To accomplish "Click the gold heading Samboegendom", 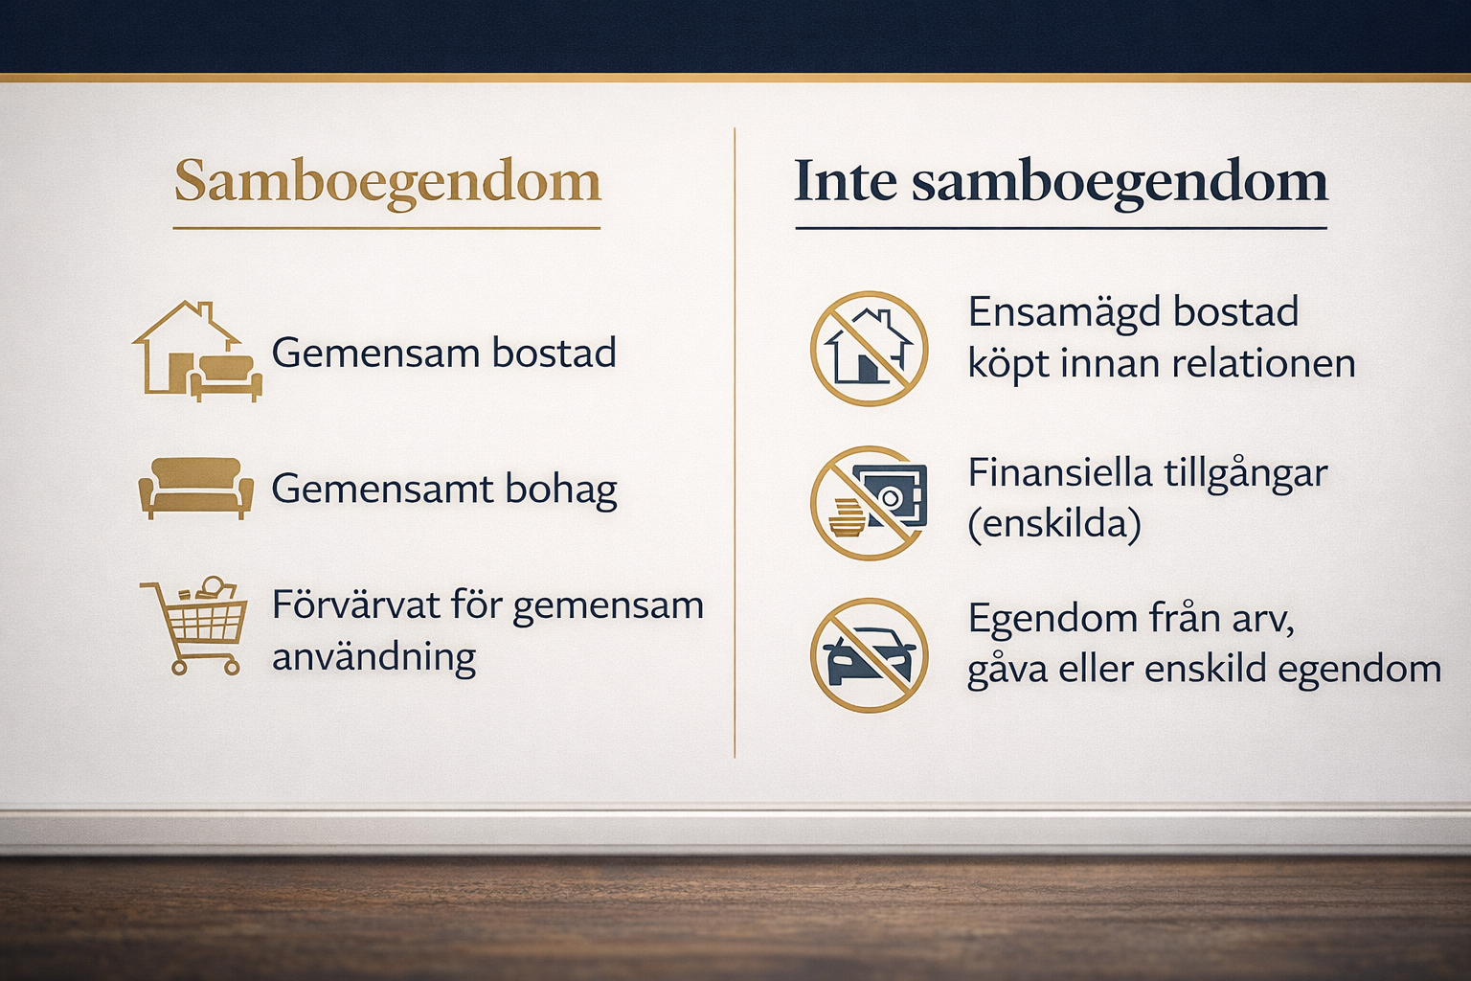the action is coord(388,182).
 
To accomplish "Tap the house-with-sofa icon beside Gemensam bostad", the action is coord(197,352).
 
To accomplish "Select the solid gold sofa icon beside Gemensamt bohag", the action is coord(195,489).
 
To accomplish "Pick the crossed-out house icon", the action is coord(869,349).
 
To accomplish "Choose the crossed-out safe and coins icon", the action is coord(869,503).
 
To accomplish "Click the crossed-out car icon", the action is coord(869,655).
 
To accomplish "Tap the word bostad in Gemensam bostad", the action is coord(554,353).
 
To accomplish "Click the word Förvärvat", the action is coord(356,605).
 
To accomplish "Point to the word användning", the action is coord(374,656).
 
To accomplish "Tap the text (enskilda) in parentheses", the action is coord(1054,524).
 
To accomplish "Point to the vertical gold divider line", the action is coord(735,443).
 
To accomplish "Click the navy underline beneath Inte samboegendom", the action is coord(1061,229).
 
